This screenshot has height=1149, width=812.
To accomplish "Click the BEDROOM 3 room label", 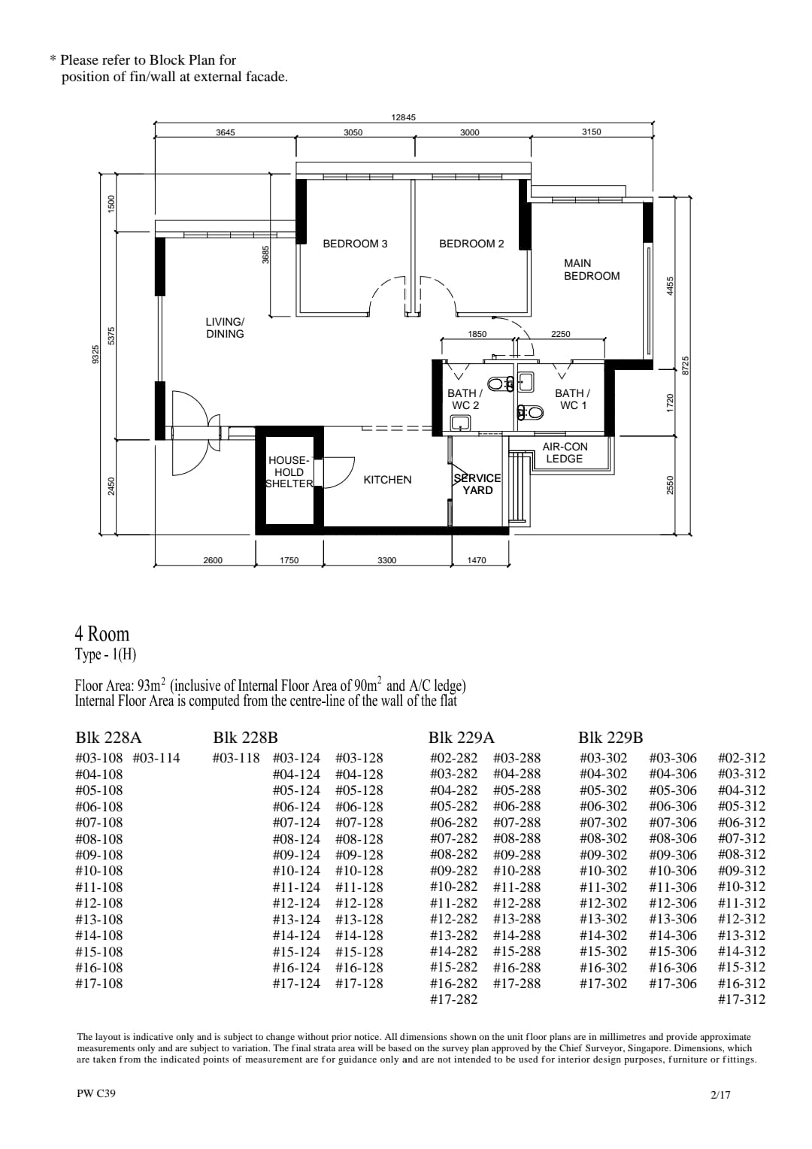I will (355, 244).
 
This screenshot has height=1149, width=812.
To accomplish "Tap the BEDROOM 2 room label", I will (471, 244).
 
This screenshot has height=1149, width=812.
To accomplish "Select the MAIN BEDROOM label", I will (592, 269).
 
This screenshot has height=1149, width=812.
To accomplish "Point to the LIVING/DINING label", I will (225, 328).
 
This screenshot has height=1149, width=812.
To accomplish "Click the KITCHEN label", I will (387, 480).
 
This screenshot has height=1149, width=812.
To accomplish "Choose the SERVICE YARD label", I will (477, 484).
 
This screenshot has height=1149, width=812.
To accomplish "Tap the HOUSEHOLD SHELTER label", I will (289, 472).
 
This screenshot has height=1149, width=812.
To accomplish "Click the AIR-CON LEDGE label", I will (565, 453).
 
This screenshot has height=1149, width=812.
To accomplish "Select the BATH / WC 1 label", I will (572, 399).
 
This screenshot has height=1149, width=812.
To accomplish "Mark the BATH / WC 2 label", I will (465, 399).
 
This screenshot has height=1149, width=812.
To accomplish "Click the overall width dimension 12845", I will (403, 117).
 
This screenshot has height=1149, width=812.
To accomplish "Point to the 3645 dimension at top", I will (226, 132).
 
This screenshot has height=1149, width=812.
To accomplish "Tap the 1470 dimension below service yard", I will (477, 560).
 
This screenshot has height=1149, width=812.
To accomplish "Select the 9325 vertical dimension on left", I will (95, 353).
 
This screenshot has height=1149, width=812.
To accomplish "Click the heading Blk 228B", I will (245, 738).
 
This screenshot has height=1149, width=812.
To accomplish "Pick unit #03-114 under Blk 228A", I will (156, 758).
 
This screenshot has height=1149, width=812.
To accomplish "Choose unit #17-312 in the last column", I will (741, 999).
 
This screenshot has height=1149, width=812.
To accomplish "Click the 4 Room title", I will (102, 634).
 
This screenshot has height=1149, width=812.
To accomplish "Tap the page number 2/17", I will (720, 1095).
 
